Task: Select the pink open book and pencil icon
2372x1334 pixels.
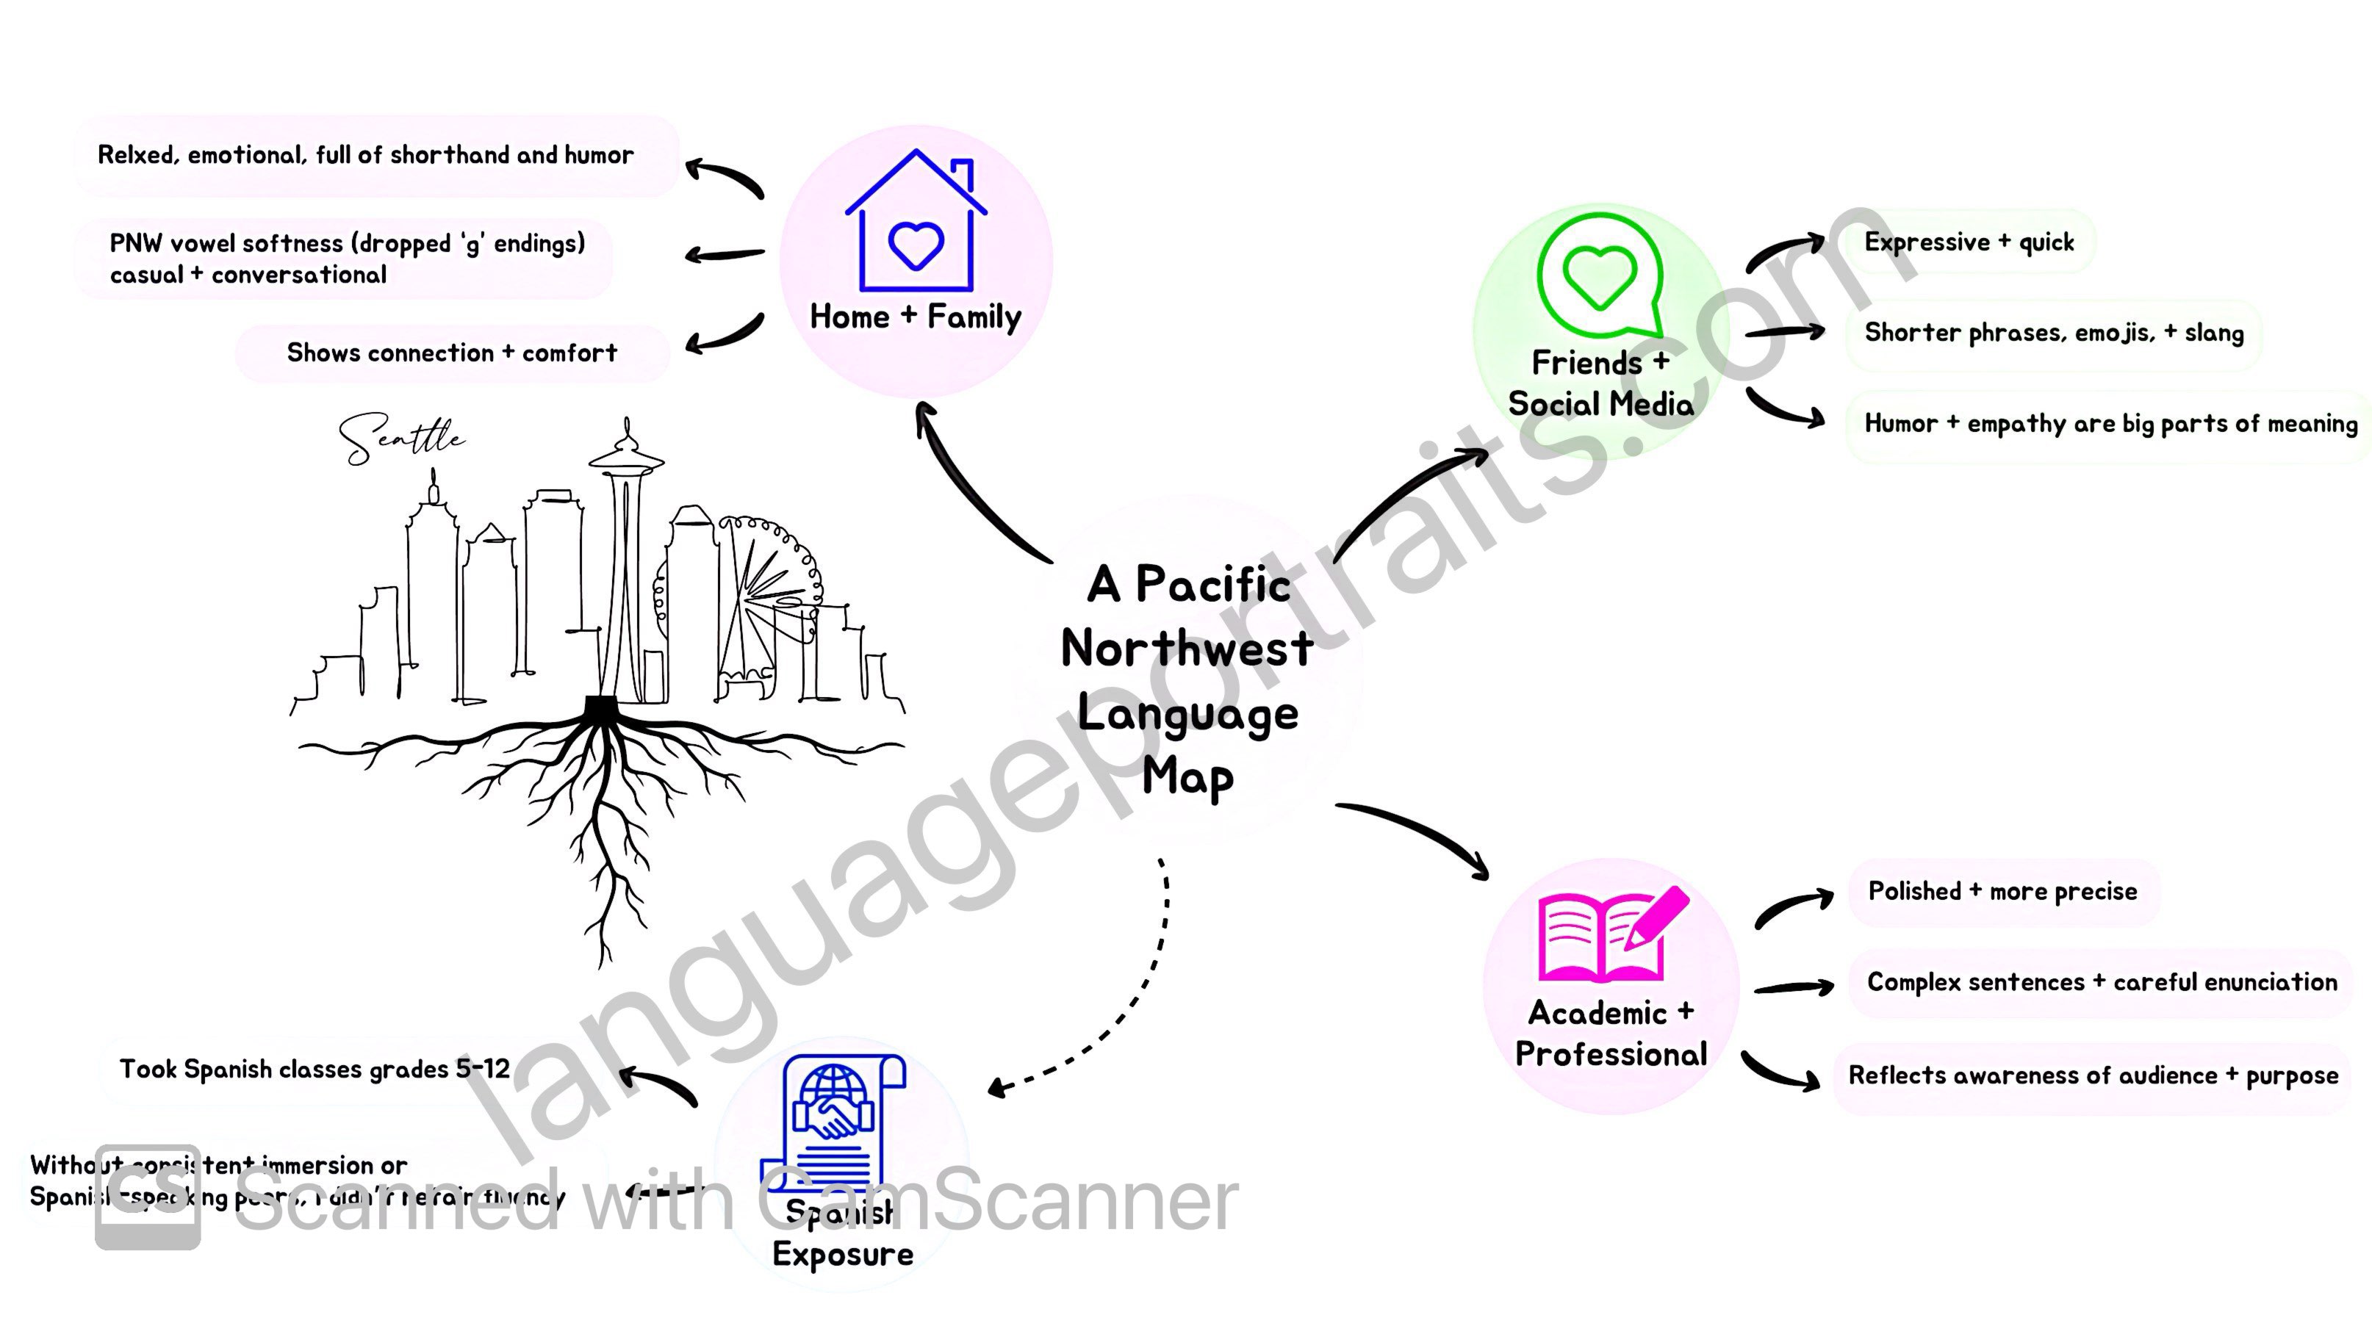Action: coord(1611,935)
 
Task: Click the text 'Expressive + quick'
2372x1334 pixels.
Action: coord(1969,242)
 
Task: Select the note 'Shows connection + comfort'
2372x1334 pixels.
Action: coord(451,353)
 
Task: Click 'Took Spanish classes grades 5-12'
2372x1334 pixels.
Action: coord(314,1069)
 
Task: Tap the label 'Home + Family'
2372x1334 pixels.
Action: coord(916,317)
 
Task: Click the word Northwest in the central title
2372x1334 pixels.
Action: coord(1187,649)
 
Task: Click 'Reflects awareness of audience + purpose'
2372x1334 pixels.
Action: coord(2092,1075)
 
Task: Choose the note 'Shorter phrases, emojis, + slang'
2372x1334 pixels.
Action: coord(2053,332)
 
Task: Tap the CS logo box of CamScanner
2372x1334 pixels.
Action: coord(147,1197)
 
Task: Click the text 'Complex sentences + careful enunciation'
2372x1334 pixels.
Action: coord(2102,982)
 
